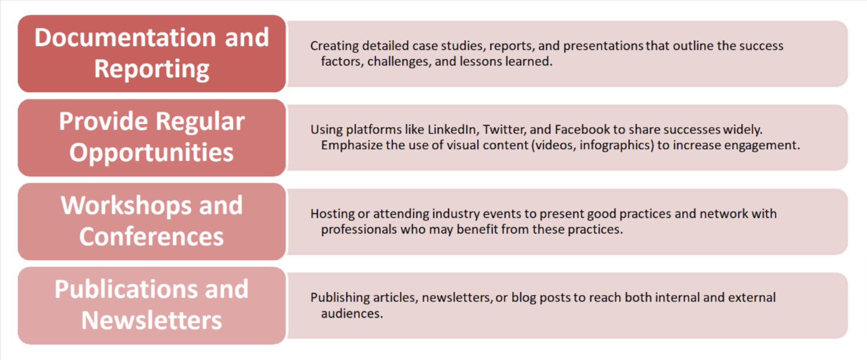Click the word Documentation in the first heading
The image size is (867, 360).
pyautogui.click(x=125, y=37)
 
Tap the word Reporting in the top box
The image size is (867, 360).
pyautogui.click(x=152, y=69)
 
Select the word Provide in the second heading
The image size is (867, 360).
pyautogui.click(x=103, y=121)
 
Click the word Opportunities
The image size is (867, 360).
pyautogui.click(x=151, y=152)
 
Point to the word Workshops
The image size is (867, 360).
pyautogui.click(x=126, y=205)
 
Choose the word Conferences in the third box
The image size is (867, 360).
pyautogui.click(x=151, y=236)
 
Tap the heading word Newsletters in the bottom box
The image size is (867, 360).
pyautogui.click(x=151, y=320)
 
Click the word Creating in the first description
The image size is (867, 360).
pyautogui.click(x=335, y=46)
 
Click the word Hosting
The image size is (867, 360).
pyautogui.click(x=332, y=214)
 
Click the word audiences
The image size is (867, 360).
pyautogui.click(x=352, y=313)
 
